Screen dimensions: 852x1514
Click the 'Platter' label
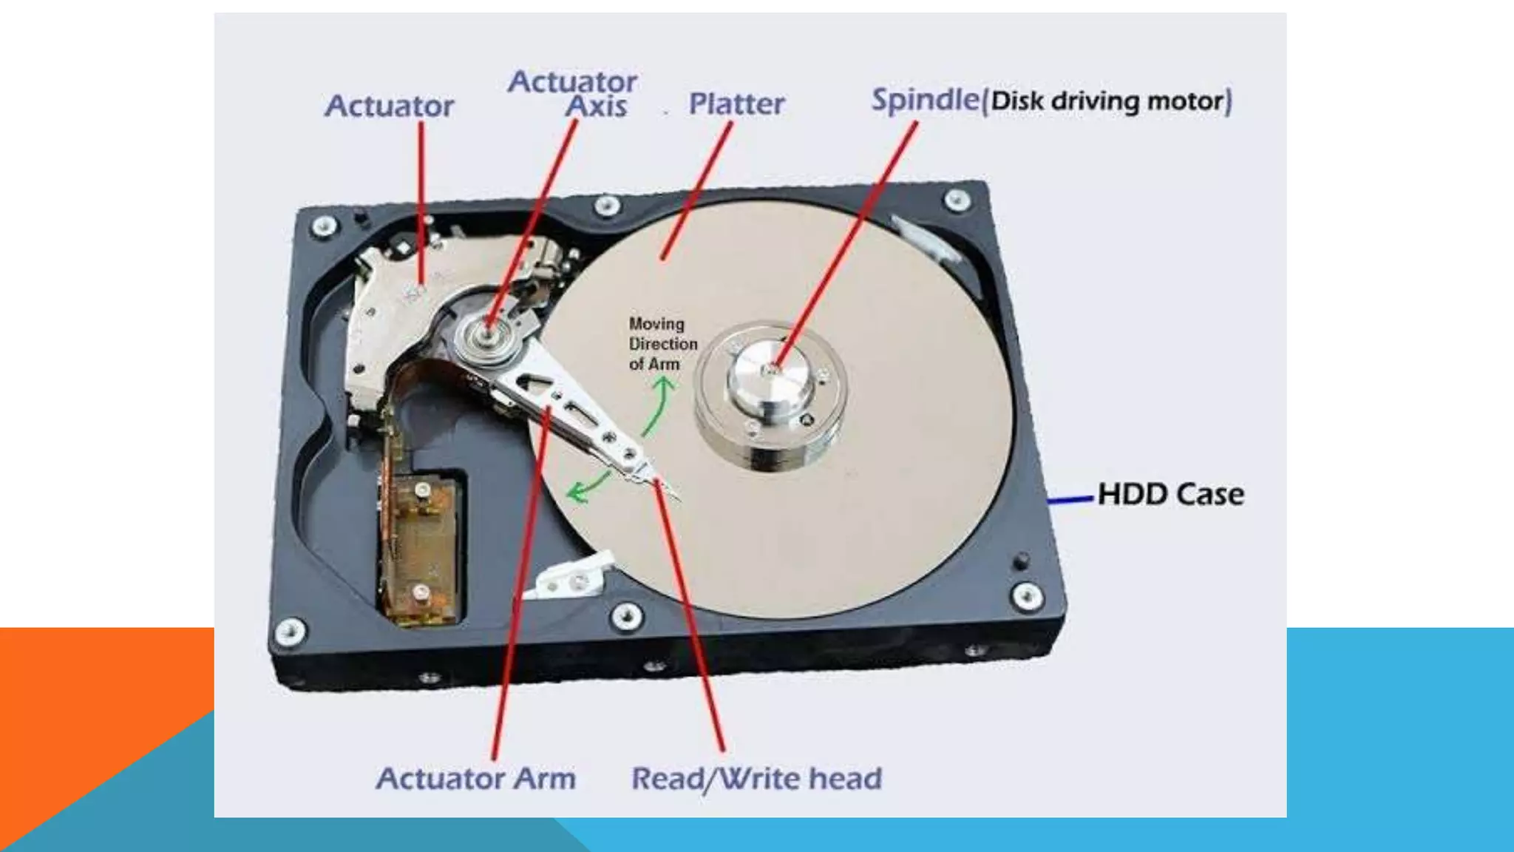[736, 104]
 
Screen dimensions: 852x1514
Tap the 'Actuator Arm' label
[475, 779]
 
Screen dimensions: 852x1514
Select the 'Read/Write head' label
[756, 779]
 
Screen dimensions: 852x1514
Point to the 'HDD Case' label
[1170, 494]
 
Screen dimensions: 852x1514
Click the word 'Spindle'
[925, 100]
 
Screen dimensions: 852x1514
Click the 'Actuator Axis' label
[574, 93]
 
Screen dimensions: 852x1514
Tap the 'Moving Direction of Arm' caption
[662, 344]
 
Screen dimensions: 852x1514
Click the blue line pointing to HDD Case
[1070, 500]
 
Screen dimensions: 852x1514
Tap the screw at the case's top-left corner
[323, 226]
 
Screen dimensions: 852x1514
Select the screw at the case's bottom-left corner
[289, 631]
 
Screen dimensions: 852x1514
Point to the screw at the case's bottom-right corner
[1027, 595]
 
